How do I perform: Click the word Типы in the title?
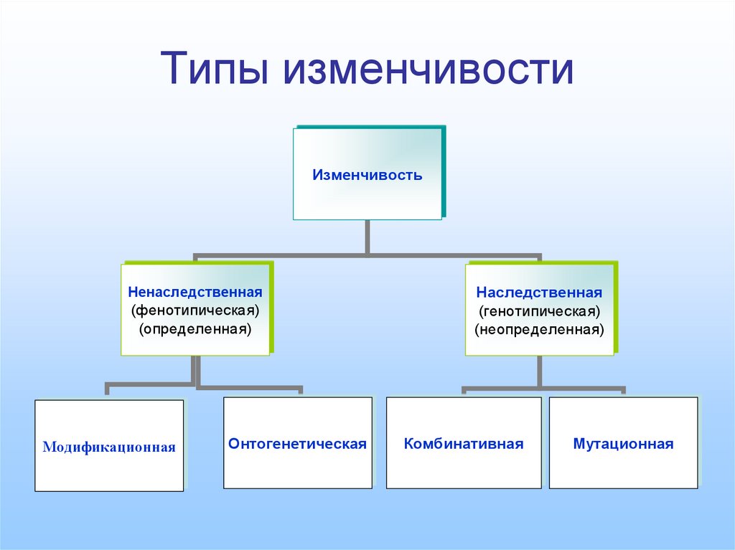[217, 70]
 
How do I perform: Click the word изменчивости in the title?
[429, 70]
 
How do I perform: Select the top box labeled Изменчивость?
[367, 174]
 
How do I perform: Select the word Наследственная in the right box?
[539, 293]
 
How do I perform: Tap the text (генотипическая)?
[539, 312]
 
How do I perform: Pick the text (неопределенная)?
[539, 331]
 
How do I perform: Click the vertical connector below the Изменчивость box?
[367, 237]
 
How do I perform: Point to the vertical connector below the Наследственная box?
[540, 372]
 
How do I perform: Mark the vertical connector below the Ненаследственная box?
[195, 371]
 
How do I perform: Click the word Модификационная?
[109, 447]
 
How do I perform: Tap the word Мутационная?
[623, 444]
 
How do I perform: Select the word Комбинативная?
[464, 444]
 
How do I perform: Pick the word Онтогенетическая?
[298, 444]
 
